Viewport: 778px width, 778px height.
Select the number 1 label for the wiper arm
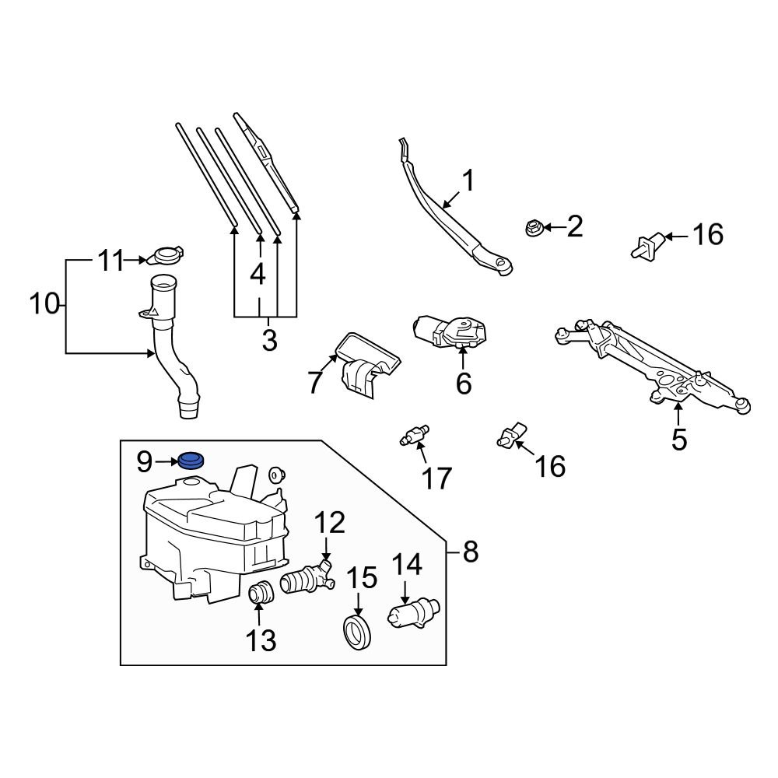(468, 180)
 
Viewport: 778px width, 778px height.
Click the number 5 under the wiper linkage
(679, 440)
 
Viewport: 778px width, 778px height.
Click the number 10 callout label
(44, 303)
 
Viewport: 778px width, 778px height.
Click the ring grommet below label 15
(357, 629)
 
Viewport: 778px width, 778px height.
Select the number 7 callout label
(314, 382)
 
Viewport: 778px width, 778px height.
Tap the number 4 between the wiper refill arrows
(258, 273)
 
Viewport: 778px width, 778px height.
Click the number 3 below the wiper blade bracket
(269, 340)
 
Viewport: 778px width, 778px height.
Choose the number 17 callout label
(436, 478)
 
